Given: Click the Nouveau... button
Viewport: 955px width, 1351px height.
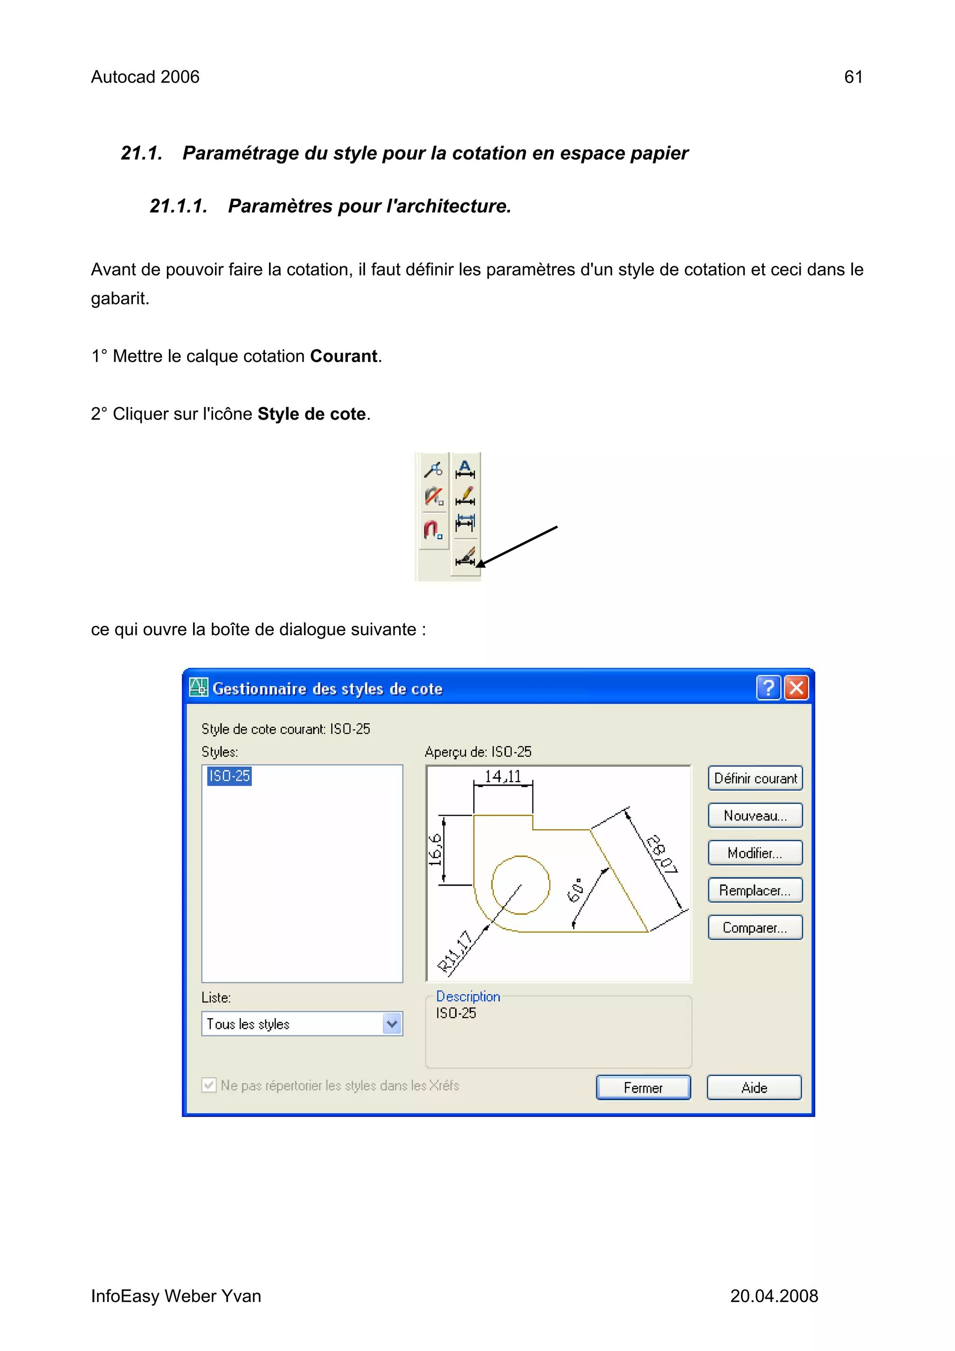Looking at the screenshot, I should tap(755, 816).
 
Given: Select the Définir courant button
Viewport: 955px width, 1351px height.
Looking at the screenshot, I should tap(755, 778).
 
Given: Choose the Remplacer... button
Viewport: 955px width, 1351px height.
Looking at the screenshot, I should tap(755, 890).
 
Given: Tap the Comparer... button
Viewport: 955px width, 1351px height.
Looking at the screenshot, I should tap(755, 928).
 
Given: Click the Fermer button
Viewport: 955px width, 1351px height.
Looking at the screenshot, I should tap(643, 1088).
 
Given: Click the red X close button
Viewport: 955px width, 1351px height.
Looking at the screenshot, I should tap(797, 688).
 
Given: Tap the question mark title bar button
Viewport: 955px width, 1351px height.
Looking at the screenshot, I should tap(768, 688).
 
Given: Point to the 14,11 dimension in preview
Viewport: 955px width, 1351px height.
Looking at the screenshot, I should tap(503, 777).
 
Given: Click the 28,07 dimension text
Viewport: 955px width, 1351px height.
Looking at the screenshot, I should tap(662, 854).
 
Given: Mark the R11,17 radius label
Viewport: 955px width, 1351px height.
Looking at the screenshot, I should tap(455, 951).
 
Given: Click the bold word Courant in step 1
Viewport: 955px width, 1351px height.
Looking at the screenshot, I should tap(344, 357).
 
